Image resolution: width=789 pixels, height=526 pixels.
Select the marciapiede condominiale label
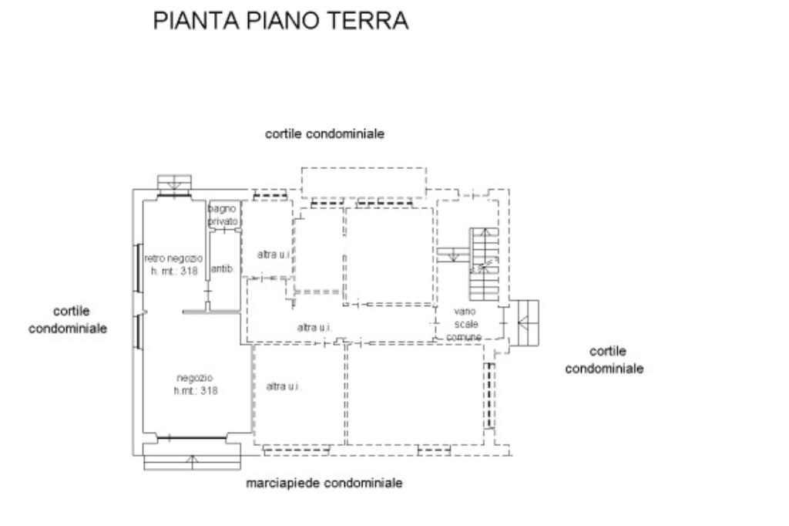[324, 484]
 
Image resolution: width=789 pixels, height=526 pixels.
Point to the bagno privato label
[222, 215]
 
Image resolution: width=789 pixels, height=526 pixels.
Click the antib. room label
[223, 269]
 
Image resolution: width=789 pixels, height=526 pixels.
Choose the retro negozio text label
[174, 258]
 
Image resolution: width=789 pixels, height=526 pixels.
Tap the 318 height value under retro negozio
[190, 271]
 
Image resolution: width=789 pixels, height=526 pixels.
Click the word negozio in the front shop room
[195, 378]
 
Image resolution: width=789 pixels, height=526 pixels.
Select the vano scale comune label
[465, 325]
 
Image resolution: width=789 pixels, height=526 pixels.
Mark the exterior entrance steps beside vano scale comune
[528, 323]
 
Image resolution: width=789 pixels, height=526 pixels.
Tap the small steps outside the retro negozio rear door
[175, 184]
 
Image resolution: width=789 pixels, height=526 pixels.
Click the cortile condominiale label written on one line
[324, 133]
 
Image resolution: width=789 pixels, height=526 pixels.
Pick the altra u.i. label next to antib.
[273, 255]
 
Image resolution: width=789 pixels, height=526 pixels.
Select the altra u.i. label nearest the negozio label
[284, 386]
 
